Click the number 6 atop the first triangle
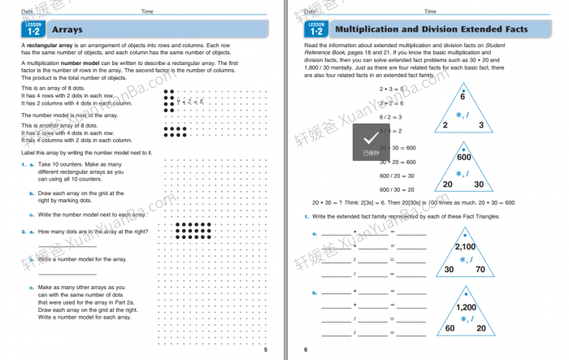tap(463, 96)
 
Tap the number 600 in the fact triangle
tap(464, 158)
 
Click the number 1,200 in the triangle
tap(466, 307)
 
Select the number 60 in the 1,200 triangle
tap(449, 328)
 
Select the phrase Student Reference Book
tap(509, 46)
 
